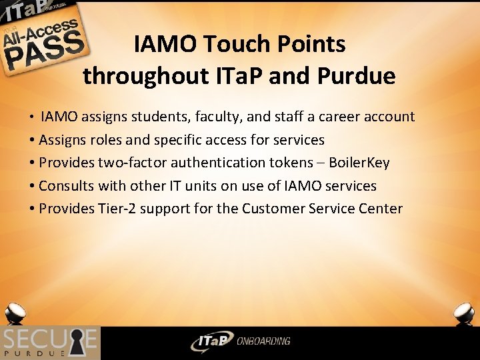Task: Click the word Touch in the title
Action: pos(237,44)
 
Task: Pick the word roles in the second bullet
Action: pos(107,140)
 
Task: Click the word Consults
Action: pos(69,186)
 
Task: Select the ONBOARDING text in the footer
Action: pos(263,341)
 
